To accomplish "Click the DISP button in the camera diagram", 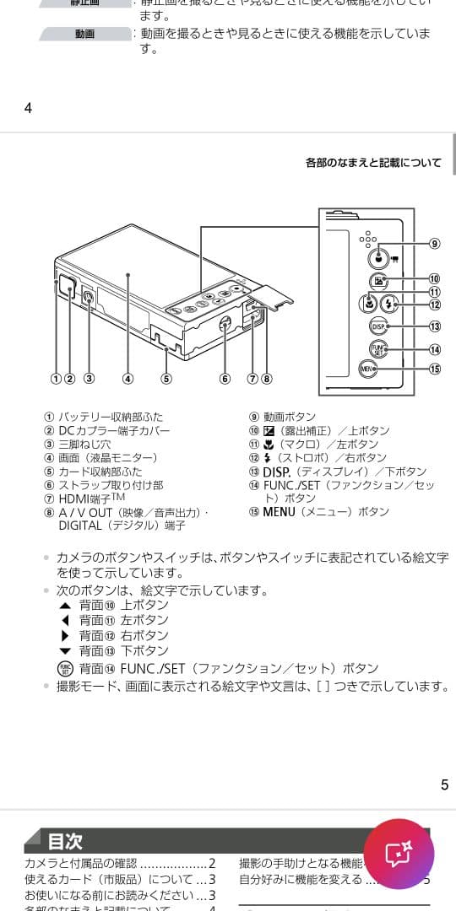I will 379,326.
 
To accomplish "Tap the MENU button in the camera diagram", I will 366,369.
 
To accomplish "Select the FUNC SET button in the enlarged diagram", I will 377,349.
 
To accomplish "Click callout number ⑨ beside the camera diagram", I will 434,244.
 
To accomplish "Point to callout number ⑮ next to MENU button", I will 434,369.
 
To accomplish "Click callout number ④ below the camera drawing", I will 128,379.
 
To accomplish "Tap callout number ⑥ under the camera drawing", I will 225,379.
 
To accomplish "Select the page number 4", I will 28,107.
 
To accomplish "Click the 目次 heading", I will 65,841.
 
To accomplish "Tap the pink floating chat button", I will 399,854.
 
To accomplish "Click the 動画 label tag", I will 84,35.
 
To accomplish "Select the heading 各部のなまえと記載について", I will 373,163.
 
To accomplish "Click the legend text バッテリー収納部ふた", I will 111,417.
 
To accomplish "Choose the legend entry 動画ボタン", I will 289,417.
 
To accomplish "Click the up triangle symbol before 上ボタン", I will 65,606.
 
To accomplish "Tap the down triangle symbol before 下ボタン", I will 65,651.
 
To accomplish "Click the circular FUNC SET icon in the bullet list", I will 65,668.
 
